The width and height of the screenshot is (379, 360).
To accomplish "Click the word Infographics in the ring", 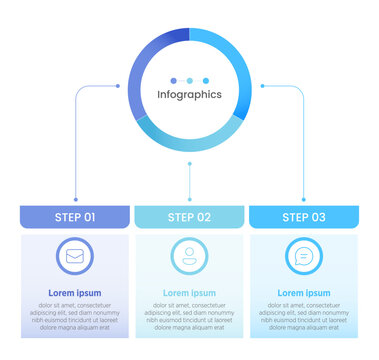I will (x=189, y=95).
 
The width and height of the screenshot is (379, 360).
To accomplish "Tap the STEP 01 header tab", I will (x=75, y=217).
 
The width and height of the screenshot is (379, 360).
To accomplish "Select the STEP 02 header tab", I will (x=189, y=217).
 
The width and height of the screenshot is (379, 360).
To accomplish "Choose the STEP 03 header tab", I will (x=303, y=217).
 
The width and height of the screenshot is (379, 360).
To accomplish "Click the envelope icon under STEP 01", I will (x=75, y=256).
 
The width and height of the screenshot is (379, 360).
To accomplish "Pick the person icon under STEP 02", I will (x=189, y=256).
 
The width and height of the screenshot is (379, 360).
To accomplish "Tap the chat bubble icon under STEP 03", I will (x=303, y=256).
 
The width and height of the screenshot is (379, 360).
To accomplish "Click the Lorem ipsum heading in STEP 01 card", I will (x=75, y=293).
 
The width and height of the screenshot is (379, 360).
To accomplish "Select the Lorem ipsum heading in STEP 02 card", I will (x=189, y=293).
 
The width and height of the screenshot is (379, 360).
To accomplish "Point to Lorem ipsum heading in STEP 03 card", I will (x=303, y=293).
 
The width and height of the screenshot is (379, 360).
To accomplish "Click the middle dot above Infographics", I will (x=189, y=80).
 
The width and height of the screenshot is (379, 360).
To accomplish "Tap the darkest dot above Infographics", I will (x=173, y=80).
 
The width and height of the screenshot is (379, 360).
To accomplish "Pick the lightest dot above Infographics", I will (x=205, y=80).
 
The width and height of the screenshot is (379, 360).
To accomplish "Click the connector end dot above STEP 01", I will (x=75, y=198).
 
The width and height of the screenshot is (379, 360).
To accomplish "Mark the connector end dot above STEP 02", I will (x=189, y=198).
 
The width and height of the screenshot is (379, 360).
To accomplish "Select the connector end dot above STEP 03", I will (x=303, y=198).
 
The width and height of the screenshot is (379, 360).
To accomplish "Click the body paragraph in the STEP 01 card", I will (x=75, y=315).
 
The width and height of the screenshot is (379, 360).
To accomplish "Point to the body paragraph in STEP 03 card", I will (x=303, y=315).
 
